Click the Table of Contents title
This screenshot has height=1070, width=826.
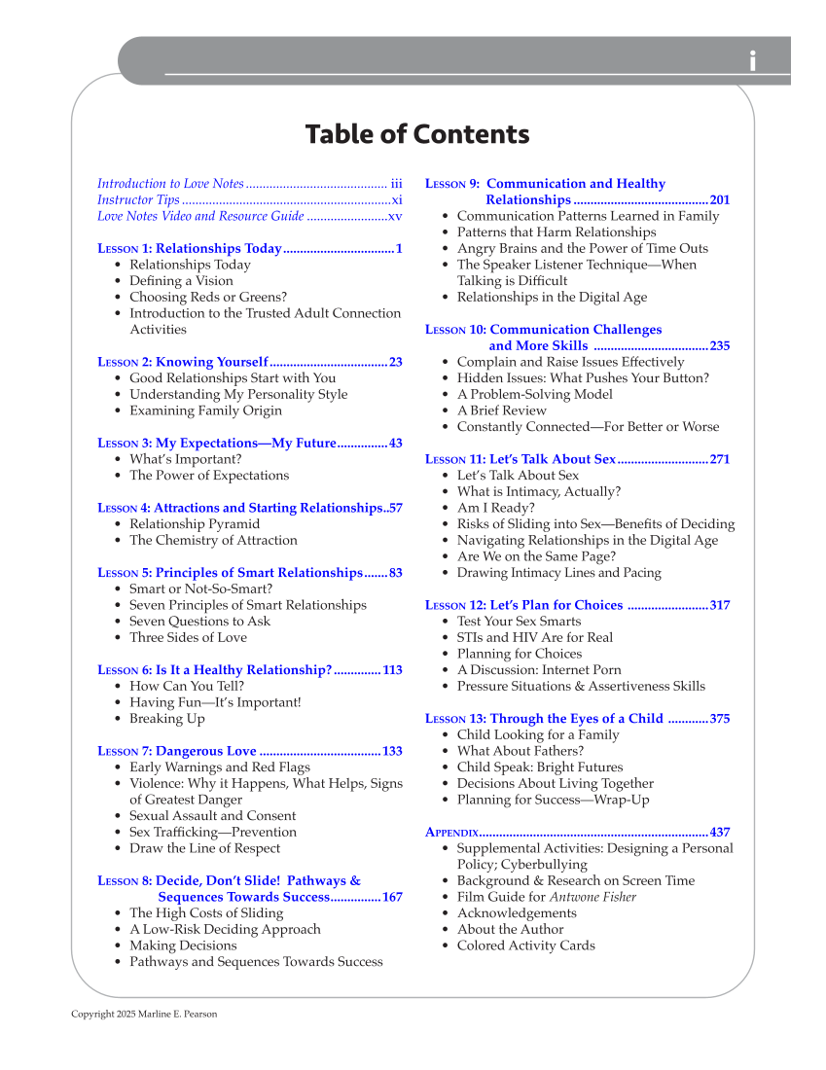(x=417, y=134)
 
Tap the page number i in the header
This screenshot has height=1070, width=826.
(x=752, y=61)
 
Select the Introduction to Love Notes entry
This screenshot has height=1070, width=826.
(x=171, y=184)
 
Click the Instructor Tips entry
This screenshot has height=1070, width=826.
(x=138, y=199)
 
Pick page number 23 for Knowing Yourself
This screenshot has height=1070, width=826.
(x=396, y=362)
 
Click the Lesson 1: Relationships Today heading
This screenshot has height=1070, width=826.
(x=190, y=248)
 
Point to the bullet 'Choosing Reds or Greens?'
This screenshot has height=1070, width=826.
(x=208, y=297)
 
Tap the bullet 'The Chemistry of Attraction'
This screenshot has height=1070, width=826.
(x=213, y=540)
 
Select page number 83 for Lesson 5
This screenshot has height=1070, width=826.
(x=396, y=573)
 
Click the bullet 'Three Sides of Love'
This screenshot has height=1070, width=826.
(x=188, y=637)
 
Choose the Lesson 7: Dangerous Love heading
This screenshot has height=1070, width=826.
(x=177, y=751)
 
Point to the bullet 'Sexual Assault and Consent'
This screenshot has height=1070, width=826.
(x=212, y=815)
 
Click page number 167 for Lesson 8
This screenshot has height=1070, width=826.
(x=392, y=897)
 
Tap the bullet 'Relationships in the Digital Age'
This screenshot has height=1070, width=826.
(x=552, y=297)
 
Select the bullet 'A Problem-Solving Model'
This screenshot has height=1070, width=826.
(x=534, y=394)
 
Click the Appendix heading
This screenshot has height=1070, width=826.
(x=452, y=833)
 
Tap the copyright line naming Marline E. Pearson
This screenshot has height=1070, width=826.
(x=144, y=1015)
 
